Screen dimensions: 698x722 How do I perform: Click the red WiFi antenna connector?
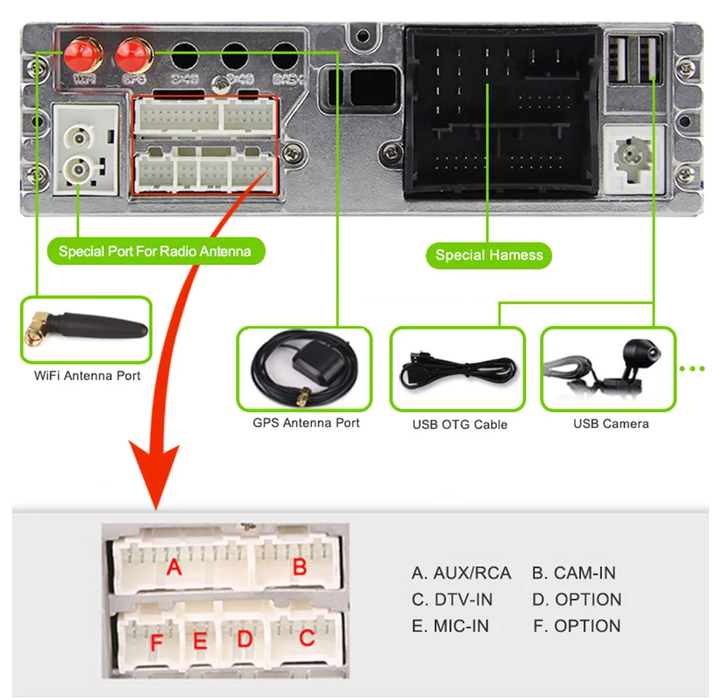click(x=83, y=55)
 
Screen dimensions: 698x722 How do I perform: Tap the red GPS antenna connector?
click(x=133, y=55)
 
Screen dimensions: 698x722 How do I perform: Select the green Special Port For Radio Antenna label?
click(x=155, y=250)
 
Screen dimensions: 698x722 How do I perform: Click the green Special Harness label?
click(x=489, y=255)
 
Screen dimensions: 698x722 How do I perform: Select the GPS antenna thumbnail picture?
click(x=304, y=369)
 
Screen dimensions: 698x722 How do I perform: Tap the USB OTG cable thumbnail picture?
click(x=458, y=369)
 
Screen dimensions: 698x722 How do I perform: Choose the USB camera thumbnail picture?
click(x=608, y=369)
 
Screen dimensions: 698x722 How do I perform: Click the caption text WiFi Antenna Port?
click(x=87, y=376)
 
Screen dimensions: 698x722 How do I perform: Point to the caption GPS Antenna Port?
click(x=306, y=423)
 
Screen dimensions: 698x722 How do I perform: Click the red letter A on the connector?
click(x=174, y=567)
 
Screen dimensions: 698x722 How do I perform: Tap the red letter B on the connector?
click(x=299, y=566)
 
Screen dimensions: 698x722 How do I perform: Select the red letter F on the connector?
click(x=157, y=643)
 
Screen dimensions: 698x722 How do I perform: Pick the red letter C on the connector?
click(x=306, y=638)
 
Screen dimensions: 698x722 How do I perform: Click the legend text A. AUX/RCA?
click(x=461, y=573)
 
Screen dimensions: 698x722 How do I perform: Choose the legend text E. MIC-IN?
click(x=450, y=627)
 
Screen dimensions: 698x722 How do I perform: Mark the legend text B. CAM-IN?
click(x=574, y=573)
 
